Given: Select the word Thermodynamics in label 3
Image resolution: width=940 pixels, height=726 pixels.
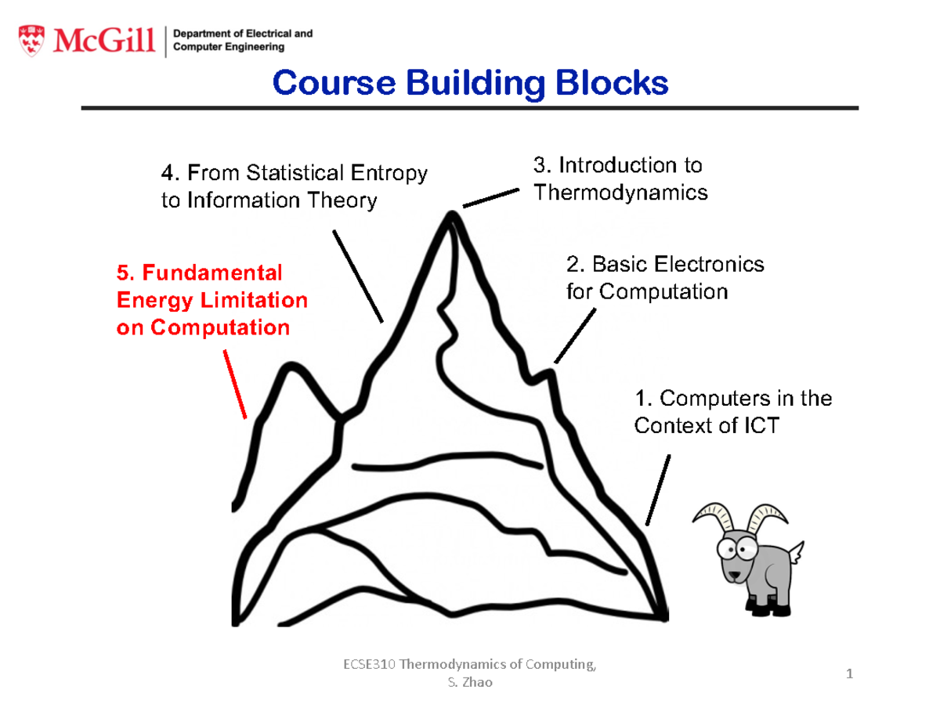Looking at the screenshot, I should (x=620, y=193).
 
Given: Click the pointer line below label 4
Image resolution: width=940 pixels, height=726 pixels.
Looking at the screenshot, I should (x=358, y=276).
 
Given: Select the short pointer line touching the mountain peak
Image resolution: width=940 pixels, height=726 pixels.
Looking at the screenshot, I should (x=490, y=197).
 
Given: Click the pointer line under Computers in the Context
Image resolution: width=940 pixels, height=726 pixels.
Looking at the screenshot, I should (x=658, y=489).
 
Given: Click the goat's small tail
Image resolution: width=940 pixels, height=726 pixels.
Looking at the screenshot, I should (x=796, y=553).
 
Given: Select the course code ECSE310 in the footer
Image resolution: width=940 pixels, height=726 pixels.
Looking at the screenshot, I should (x=369, y=665).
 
